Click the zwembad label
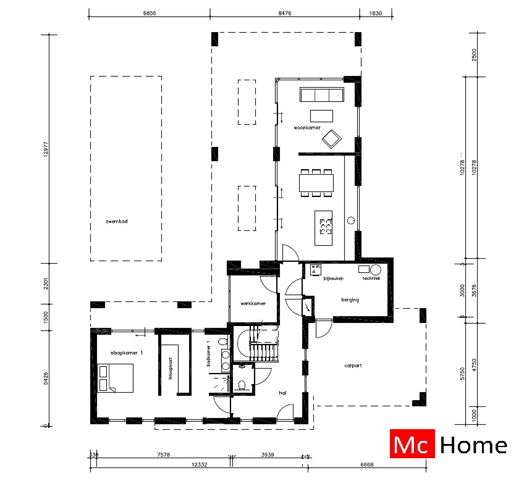pos(116,220)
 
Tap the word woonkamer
pos(307,128)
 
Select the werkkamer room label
pos(253,303)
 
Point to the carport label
pos(353,366)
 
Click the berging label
pos(350,299)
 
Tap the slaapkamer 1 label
pos(127,352)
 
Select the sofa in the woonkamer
pos(321,95)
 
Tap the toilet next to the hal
pos(242,385)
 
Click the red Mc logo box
pos(413,444)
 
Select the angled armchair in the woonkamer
pos(331,138)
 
